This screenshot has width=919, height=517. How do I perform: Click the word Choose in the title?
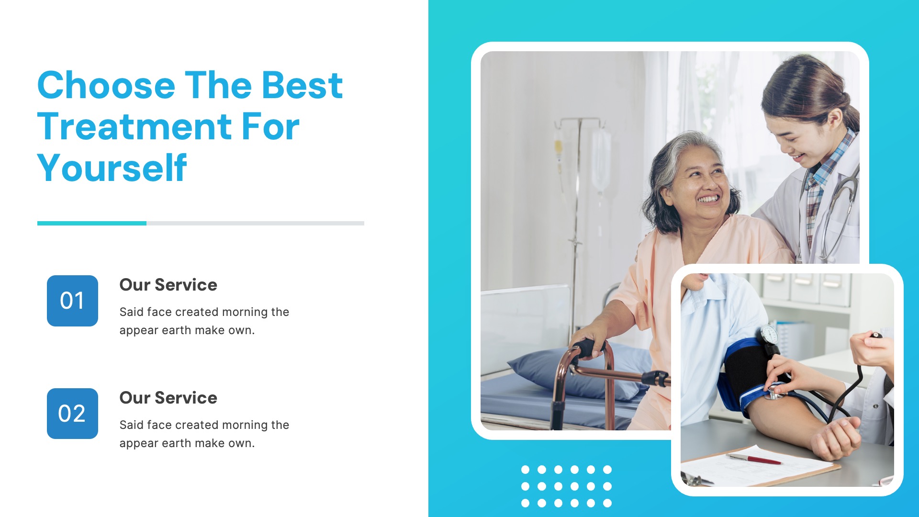(x=106, y=85)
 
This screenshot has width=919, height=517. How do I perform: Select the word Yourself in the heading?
(x=112, y=168)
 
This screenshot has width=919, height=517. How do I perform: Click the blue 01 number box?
(x=72, y=301)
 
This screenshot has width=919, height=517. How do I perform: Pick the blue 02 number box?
(x=72, y=414)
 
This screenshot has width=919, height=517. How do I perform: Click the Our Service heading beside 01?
(x=168, y=285)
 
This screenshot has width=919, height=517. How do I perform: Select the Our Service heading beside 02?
(x=168, y=398)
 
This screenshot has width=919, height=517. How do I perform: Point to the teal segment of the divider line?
(x=92, y=223)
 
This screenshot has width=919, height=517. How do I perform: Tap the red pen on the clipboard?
(x=753, y=459)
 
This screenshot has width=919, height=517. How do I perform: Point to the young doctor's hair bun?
(x=847, y=112)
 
